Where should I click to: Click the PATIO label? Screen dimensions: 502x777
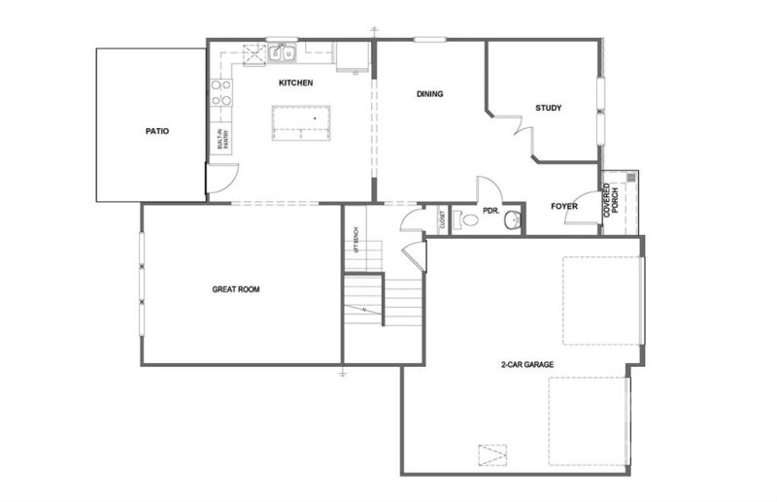157,129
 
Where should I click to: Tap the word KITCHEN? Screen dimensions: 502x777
295,84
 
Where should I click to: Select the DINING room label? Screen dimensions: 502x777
429,94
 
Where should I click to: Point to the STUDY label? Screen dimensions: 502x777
549,108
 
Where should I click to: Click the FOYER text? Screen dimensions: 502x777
565,205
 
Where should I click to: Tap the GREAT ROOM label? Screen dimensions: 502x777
236,288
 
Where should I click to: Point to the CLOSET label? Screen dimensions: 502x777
442,220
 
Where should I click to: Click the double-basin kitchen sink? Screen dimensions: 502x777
284,51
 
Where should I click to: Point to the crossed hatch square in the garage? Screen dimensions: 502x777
492,454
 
